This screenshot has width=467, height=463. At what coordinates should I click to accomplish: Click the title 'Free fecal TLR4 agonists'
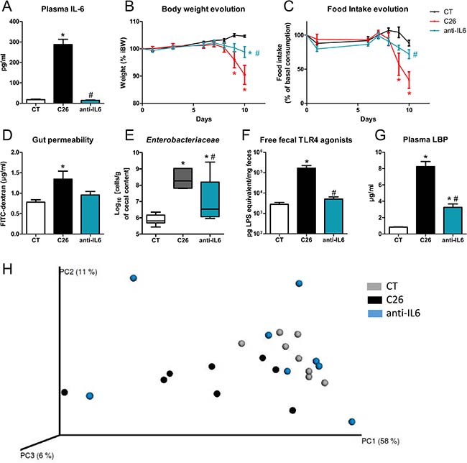pos(327,137)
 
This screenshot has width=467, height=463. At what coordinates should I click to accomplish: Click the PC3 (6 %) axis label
pos(34,455)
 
